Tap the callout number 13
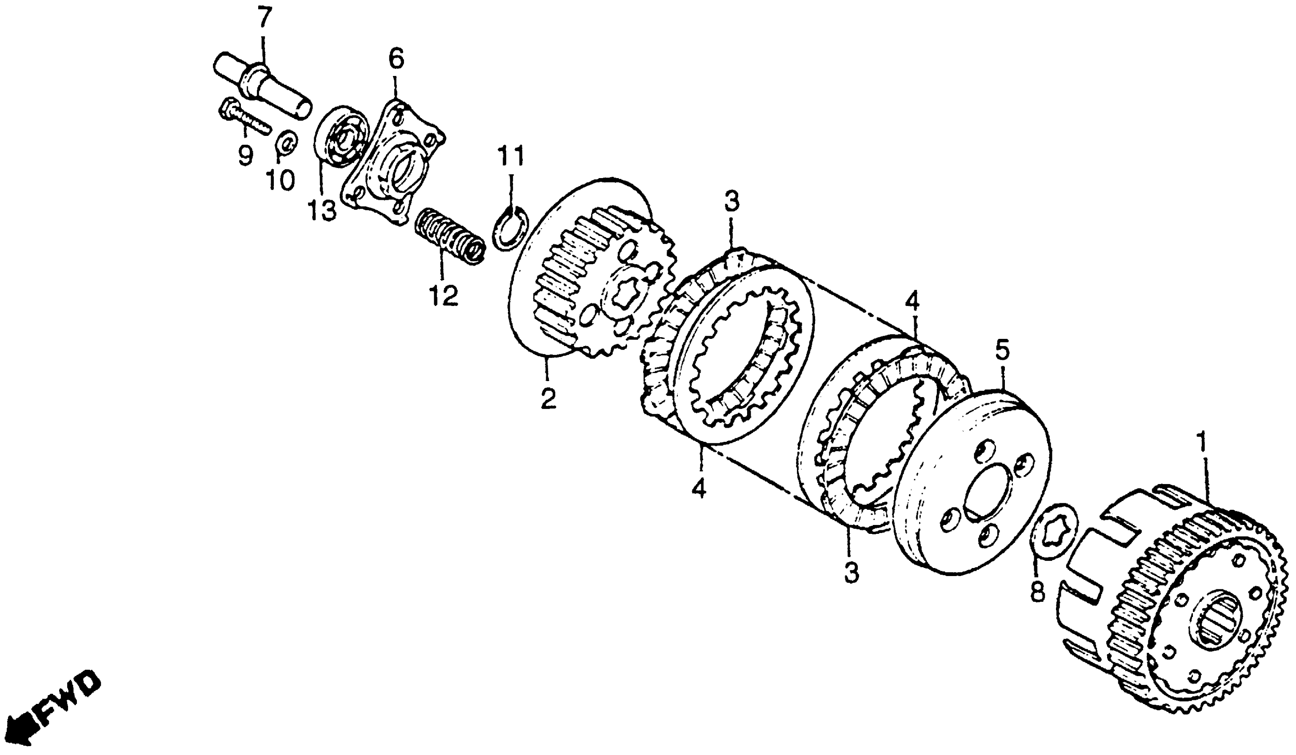[x=322, y=211]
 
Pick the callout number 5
[x=1002, y=350]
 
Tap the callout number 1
[x=1202, y=442]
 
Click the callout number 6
[x=396, y=59]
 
